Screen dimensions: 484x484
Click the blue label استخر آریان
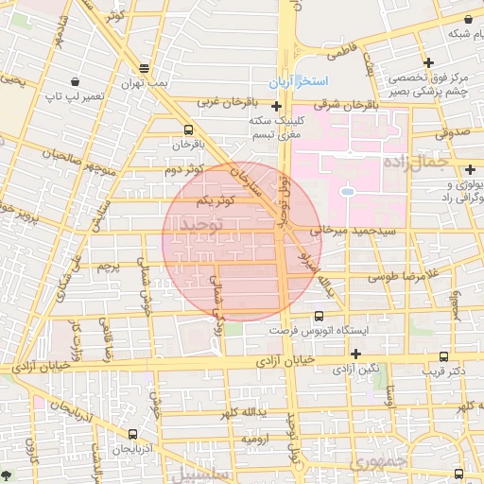tap(298, 82)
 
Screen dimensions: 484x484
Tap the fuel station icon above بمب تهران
tap(143, 68)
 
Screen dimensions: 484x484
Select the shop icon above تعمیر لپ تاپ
tap(74, 81)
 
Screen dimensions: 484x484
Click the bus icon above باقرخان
tap(187, 130)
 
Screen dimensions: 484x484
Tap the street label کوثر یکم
tap(216, 201)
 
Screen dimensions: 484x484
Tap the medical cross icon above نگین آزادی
tap(354, 354)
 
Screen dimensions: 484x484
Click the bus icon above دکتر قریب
tap(443, 356)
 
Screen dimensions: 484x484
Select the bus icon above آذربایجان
tap(132, 434)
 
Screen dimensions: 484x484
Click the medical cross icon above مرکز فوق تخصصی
tap(429, 63)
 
